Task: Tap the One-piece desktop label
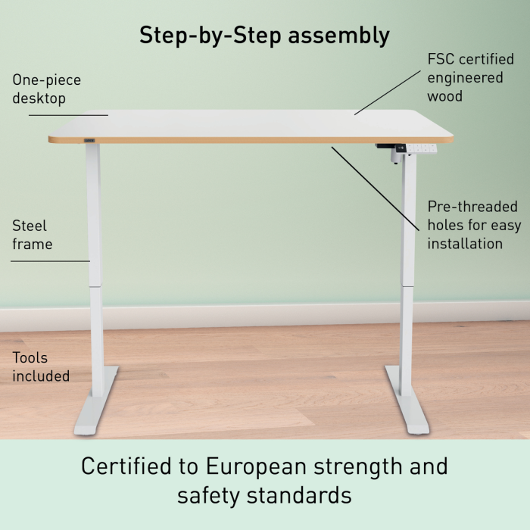tap(47, 89)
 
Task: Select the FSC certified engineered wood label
tap(470, 78)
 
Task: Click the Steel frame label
tap(33, 235)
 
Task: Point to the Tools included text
tap(41, 366)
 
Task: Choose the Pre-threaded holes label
tap(474, 225)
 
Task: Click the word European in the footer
tap(257, 467)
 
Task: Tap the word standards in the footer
tap(299, 495)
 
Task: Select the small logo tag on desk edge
tap(89, 140)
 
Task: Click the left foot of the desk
tap(96, 401)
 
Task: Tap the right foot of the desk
tap(407, 400)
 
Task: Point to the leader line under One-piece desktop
tap(68, 115)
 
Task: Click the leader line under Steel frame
tap(51, 261)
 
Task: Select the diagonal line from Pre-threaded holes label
tap(376, 189)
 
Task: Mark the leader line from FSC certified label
tap(388, 92)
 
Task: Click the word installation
tap(465, 244)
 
